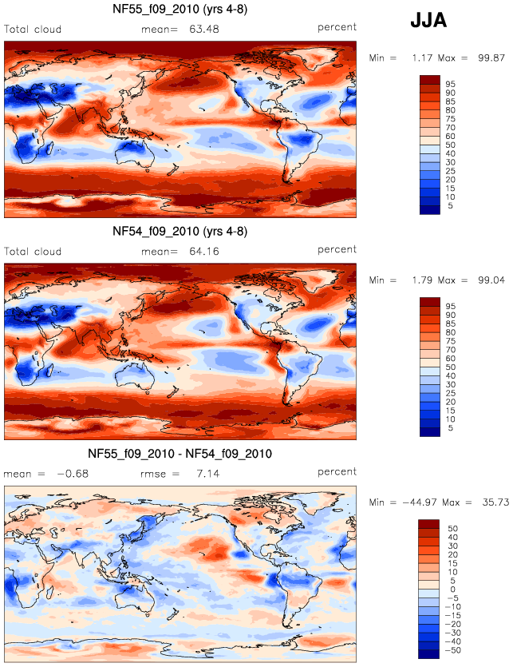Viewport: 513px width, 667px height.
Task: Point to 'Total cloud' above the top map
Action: point(33,30)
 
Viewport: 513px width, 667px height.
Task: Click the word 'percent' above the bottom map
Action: point(337,472)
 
